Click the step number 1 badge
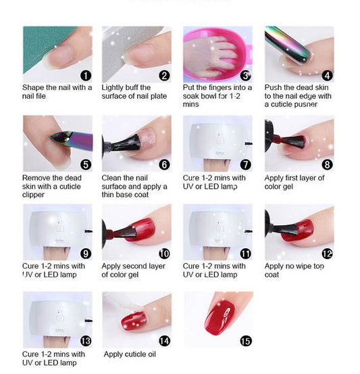pos(86,76)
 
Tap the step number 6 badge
pos(164,164)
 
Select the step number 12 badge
pos(328,254)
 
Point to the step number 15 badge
pos(246,341)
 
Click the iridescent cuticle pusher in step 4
pos(288,45)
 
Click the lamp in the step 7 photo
pos(217,142)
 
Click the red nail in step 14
pos(134,321)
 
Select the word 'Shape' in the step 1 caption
pos(33,88)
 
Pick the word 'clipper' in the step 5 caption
pos(33,195)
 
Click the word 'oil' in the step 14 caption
pos(151,354)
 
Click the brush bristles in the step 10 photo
pos(128,231)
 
